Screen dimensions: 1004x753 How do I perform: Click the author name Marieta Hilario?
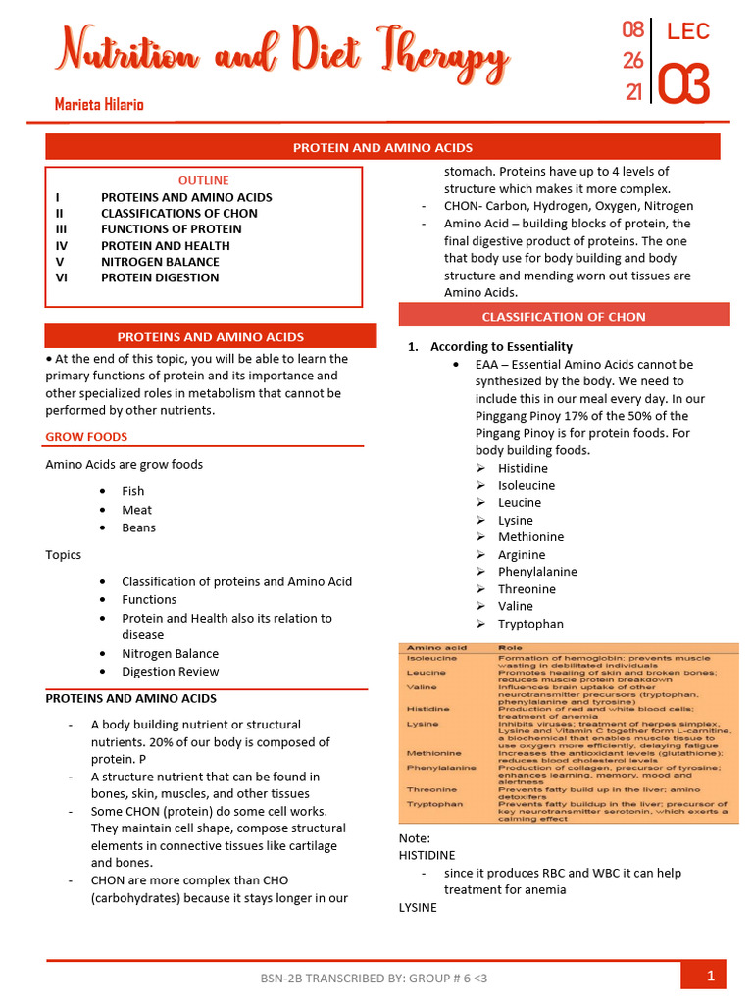coord(99,104)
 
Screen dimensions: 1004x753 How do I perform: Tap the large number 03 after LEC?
coord(683,84)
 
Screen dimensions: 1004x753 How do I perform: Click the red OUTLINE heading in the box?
coord(204,180)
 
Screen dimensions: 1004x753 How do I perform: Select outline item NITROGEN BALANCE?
coord(160,262)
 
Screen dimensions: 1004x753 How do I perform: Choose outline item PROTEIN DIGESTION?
coord(160,277)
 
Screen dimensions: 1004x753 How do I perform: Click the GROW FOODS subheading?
coord(86,437)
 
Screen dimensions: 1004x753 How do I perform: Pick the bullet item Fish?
coord(133,491)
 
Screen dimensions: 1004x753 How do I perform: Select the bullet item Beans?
coord(138,527)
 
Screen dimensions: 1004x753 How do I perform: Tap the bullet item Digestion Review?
coord(171,672)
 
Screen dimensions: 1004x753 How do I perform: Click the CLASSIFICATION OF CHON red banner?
coord(564,317)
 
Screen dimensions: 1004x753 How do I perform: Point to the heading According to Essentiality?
coord(501,346)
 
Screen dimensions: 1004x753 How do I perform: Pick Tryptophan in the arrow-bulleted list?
coord(530,624)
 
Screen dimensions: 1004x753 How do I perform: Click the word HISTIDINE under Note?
coord(427,856)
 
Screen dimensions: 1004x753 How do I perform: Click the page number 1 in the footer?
coord(709,976)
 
